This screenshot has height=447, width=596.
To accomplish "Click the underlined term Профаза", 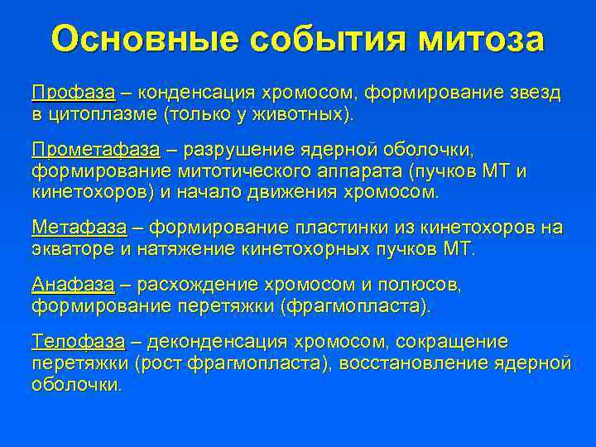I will [73, 92].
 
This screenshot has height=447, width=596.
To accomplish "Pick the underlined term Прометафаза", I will [95, 151].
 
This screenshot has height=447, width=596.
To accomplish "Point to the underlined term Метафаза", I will [79, 228].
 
